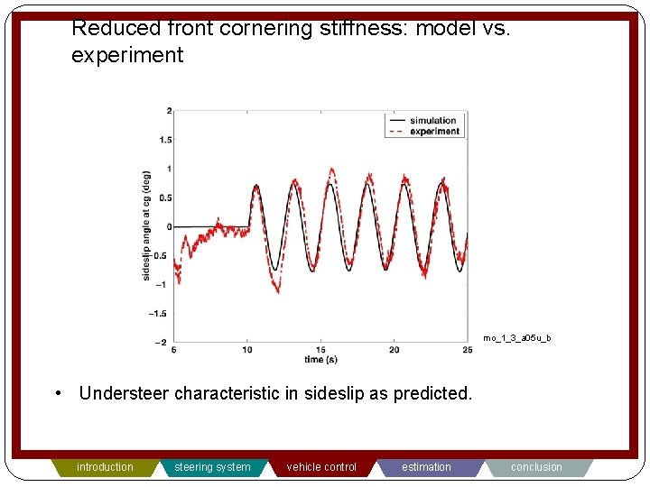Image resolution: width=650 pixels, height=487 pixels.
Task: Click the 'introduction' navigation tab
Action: (x=105, y=467)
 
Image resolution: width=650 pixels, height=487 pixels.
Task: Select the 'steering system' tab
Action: (x=212, y=467)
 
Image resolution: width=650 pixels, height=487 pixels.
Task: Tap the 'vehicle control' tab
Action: (x=321, y=467)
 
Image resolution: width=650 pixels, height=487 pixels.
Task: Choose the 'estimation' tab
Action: (x=426, y=467)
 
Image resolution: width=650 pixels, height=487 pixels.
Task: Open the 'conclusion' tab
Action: (x=536, y=467)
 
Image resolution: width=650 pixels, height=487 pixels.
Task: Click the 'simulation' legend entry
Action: (x=432, y=121)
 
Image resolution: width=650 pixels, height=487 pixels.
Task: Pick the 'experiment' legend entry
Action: (x=434, y=132)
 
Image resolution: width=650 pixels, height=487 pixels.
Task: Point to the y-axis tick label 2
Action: (x=168, y=111)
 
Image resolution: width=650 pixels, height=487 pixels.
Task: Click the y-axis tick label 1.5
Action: (x=164, y=140)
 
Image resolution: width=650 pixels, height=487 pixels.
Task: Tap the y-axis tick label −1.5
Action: (x=162, y=314)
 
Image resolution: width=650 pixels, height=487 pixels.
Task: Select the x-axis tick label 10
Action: (x=247, y=350)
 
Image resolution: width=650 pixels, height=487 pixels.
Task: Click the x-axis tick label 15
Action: (x=320, y=350)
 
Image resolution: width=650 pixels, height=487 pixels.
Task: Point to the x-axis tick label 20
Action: (x=394, y=350)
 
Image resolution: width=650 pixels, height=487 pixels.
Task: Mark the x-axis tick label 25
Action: (x=467, y=350)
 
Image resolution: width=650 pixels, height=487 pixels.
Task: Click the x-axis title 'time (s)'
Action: (x=320, y=360)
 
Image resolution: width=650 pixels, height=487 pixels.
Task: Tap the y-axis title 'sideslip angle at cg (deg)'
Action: (x=146, y=225)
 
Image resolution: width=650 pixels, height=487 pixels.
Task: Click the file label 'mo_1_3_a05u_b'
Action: (x=516, y=338)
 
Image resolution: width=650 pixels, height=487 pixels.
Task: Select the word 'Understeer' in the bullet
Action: (x=124, y=393)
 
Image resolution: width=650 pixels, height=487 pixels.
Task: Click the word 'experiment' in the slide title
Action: (x=127, y=55)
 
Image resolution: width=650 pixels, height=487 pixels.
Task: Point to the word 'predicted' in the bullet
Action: (x=431, y=393)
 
